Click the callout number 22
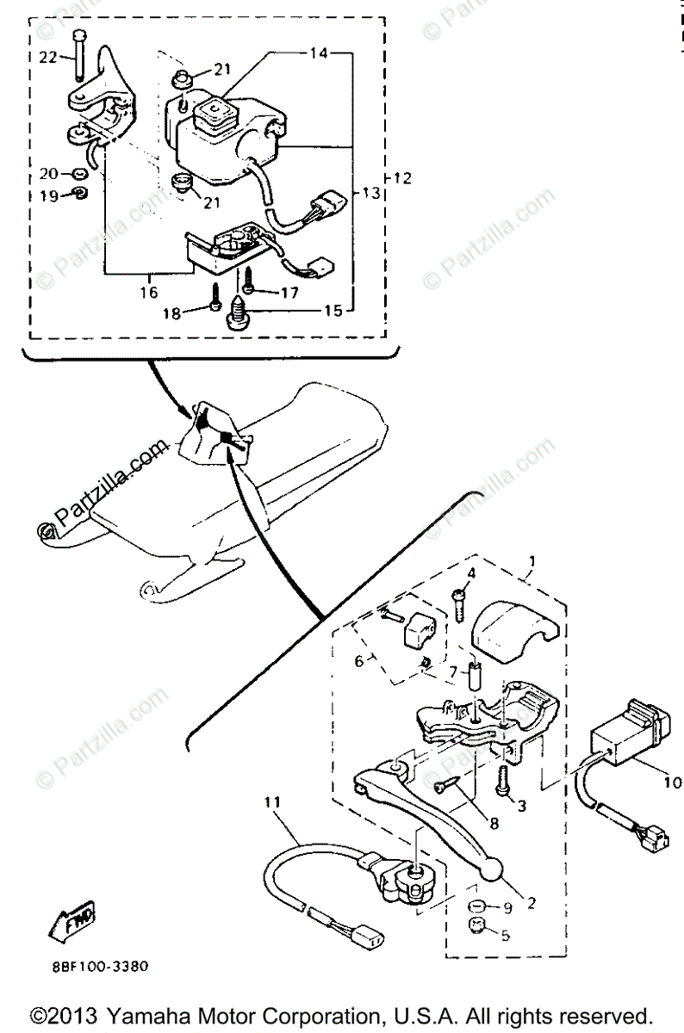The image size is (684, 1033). click(x=47, y=58)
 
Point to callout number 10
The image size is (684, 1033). click(x=672, y=782)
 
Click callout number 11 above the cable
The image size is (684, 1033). click(x=273, y=803)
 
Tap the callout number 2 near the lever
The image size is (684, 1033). click(x=532, y=903)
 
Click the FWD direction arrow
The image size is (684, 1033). click(x=77, y=922)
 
